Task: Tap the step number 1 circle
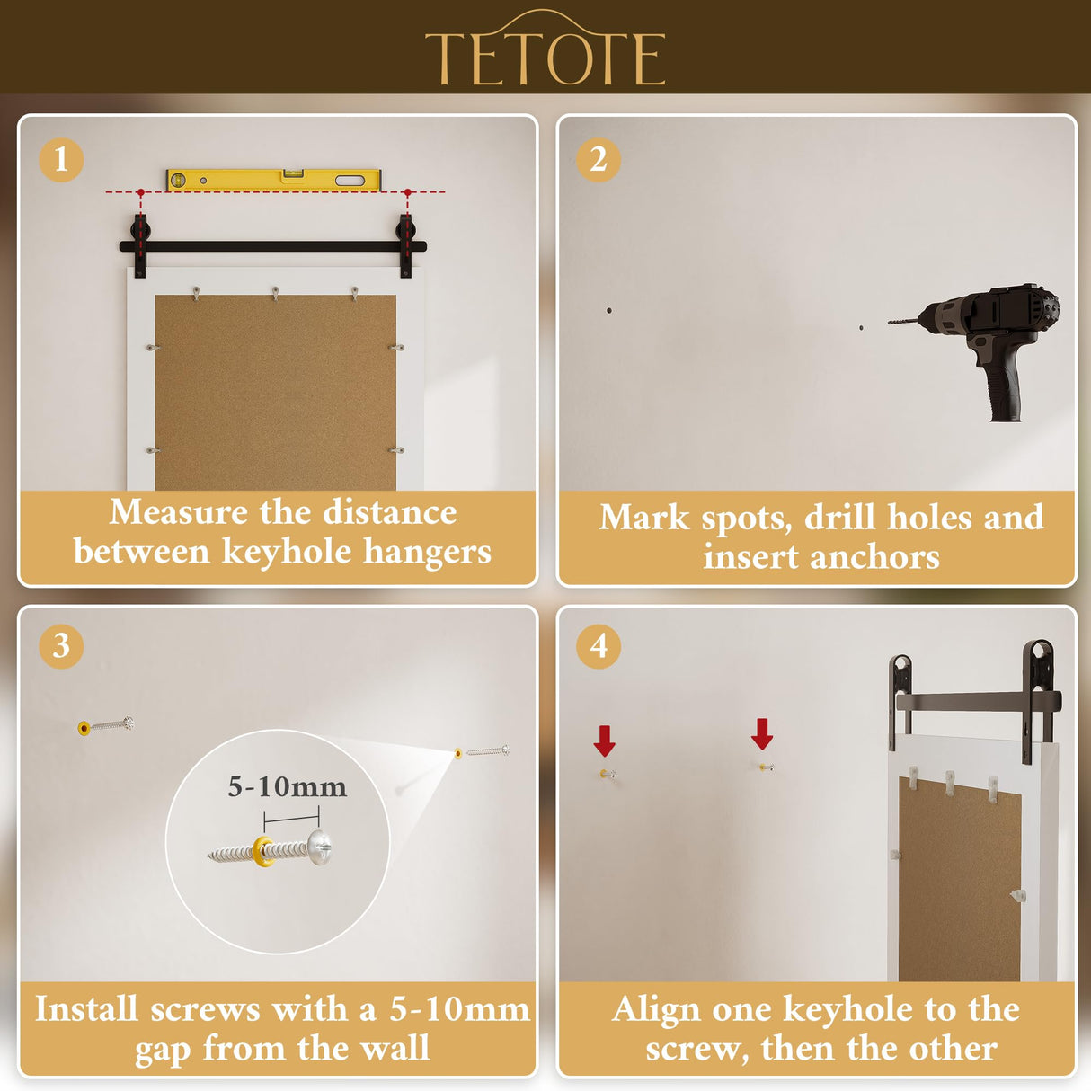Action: tap(61, 160)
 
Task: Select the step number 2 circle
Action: tap(599, 160)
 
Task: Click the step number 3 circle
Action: tap(61, 646)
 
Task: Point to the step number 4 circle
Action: tap(599, 646)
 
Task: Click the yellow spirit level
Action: tap(273, 180)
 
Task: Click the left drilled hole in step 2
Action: tap(609, 311)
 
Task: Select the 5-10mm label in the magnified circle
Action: tap(287, 787)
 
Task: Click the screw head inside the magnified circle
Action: tap(320, 847)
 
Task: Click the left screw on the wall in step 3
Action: tap(106, 724)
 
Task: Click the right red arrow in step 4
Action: tap(762, 733)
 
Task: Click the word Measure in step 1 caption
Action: tap(178, 512)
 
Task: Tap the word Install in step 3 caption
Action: tap(86, 1009)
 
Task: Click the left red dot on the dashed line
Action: tap(141, 192)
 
